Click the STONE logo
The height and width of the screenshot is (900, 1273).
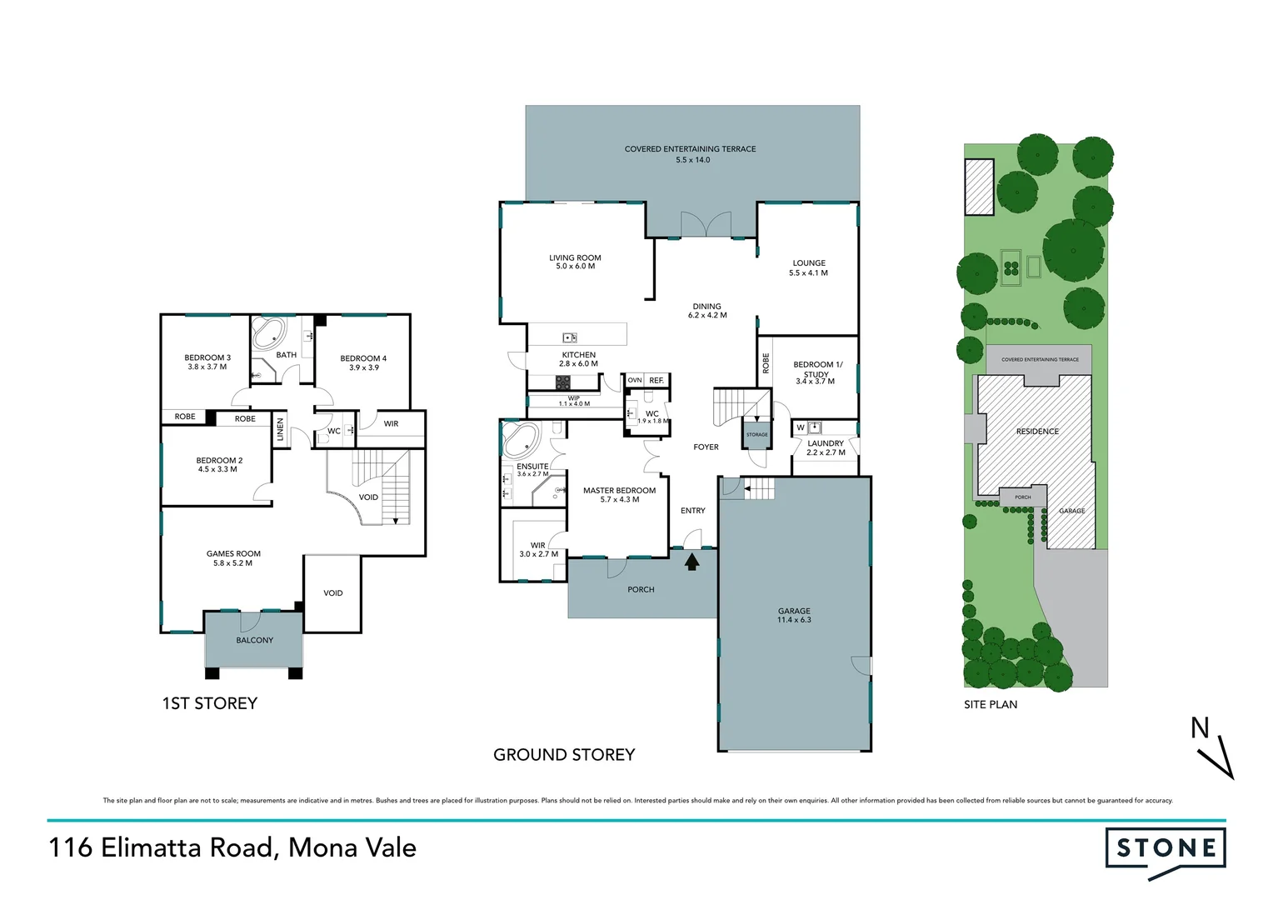(x=1165, y=849)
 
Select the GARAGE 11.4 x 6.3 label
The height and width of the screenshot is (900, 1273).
(x=793, y=615)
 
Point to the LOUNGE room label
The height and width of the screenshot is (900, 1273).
(x=808, y=267)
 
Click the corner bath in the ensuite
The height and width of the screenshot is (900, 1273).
(x=521, y=439)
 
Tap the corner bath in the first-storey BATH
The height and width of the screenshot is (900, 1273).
(x=269, y=333)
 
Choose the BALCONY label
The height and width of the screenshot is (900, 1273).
(x=254, y=640)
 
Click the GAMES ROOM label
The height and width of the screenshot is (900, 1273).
(x=233, y=557)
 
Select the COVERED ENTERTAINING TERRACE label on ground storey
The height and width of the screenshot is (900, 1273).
(x=691, y=154)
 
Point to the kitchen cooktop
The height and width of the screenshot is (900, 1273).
(x=563, y=382)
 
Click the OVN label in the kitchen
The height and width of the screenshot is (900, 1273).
(x=635, y=380)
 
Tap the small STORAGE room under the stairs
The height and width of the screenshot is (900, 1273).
(x=756, y=434)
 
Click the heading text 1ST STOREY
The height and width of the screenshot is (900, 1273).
(x=209, y=703)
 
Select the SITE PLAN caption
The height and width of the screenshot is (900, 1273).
(x=991, y=704)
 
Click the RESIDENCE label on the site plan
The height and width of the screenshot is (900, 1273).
(x=1037, y=432)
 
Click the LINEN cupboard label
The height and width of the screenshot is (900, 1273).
(x=281, y=429)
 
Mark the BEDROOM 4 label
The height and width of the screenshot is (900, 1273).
(x=363, y=362)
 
